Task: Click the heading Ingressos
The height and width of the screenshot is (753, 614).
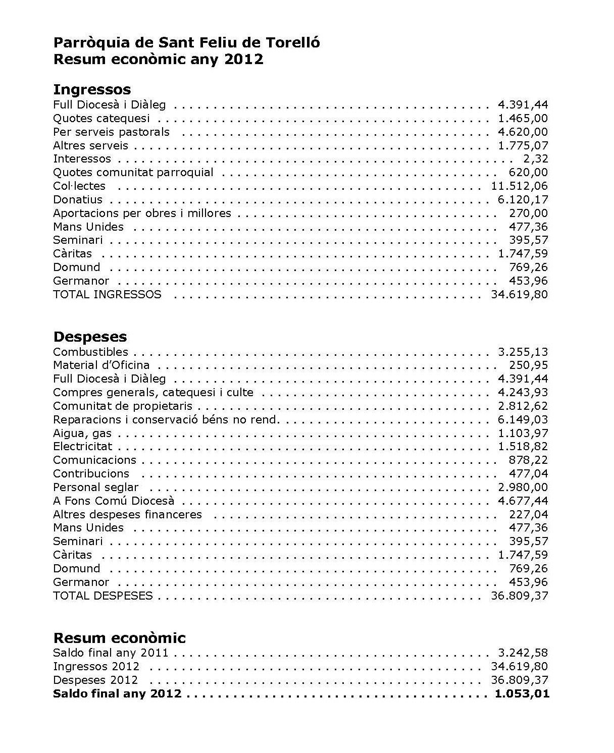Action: [x=92, y=90]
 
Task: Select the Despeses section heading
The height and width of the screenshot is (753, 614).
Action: [x=90, y=337]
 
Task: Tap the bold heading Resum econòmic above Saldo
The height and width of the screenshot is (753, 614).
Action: [x=119, y=638]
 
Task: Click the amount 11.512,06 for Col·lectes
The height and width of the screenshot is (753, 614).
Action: [x=519, y=186]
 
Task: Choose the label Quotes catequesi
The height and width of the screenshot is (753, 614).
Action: [x=101, y=119]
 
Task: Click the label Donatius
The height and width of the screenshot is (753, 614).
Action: [x=78, y=200]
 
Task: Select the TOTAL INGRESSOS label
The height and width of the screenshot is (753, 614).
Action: [x=107, y=294]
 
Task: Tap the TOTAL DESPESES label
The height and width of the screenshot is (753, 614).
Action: [x=103, y=596]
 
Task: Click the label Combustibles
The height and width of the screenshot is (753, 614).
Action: [x=90, y=352]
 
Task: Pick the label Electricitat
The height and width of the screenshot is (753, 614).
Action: [x=83, y=447]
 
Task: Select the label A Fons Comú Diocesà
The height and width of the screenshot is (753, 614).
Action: [x=114, y=501]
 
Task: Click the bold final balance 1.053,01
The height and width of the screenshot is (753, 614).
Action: [x=522, y=694]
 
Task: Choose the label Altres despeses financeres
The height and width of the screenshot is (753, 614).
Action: [x=127, y=514]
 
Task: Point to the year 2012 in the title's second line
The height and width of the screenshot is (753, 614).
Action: [x=244, y=60]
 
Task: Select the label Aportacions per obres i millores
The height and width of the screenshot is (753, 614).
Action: [x=142, y=213]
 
